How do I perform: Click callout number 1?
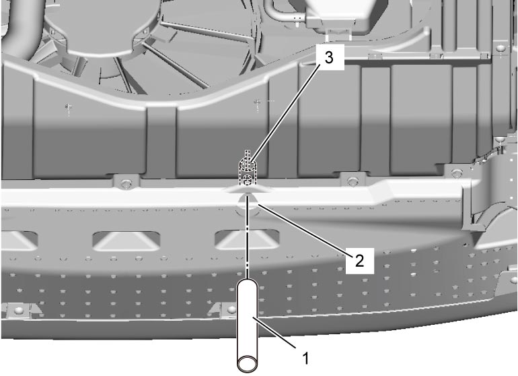305,358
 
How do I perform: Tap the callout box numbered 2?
360,261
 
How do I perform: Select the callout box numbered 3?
330,57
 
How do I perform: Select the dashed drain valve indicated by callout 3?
247,169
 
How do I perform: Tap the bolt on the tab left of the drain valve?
125,183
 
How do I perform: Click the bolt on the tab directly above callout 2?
353,181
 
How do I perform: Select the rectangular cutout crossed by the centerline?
247,239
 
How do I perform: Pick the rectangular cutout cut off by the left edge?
19,240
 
